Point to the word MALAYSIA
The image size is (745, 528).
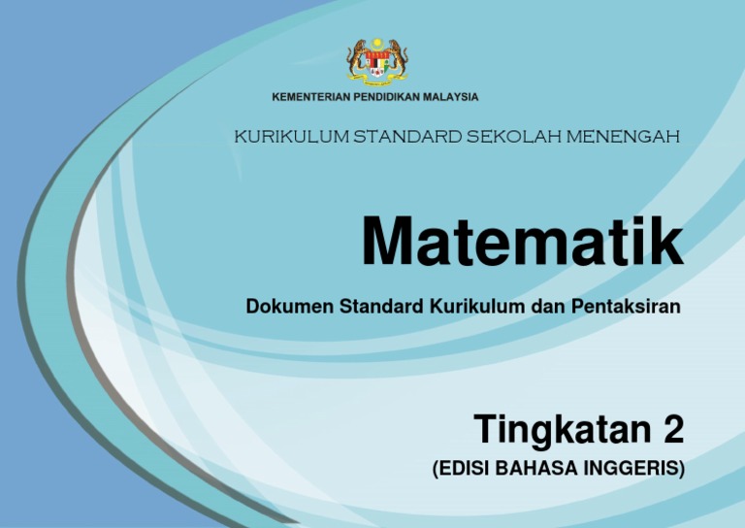click(x=447, y=97)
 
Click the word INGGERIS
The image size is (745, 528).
click(x=634, y=470)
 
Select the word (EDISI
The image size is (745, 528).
click(x=461, y=470)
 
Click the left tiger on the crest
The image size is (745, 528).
click(x=359, y=59)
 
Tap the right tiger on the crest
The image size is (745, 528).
click(x=397, y=59)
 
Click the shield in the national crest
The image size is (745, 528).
click(x=378, y=63)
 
